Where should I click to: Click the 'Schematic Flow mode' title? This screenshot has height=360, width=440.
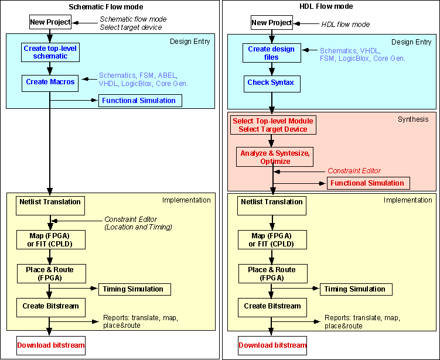(109, 6)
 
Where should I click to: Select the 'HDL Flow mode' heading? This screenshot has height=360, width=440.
(330, 6)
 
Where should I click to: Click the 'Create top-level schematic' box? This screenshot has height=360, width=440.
(50, 52)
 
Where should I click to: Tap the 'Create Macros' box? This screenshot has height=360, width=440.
(50, 82)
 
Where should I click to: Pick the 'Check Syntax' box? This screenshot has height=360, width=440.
(270, 83)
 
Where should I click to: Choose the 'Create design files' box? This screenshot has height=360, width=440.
(271, 53)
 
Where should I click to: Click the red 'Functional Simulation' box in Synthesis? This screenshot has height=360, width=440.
(367, 183)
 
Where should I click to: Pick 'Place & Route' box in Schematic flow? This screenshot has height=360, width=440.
(50, 273)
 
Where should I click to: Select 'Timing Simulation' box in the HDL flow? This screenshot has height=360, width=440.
(355, 289)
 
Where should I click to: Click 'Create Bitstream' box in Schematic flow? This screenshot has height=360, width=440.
(50, 306)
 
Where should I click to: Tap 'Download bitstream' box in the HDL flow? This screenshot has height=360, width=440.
(272, 345)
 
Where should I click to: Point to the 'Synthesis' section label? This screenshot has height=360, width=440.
(413, 119)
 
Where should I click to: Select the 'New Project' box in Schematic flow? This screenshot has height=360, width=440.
(50, 23)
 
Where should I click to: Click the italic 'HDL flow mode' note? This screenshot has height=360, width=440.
(346, 25)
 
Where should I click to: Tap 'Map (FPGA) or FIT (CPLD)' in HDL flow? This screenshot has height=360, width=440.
(272, 239)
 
